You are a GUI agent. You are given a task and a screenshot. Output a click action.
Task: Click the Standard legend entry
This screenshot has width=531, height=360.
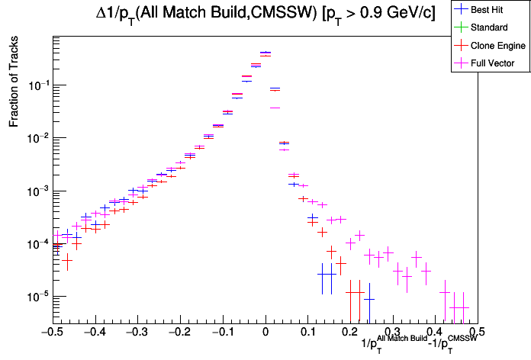[489, 28]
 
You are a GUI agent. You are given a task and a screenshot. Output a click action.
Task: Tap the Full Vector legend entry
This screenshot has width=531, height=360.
[493, 63]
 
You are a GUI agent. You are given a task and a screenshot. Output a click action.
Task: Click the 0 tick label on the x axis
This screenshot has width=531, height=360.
[265, 333]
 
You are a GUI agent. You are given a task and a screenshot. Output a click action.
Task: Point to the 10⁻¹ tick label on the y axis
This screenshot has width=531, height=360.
[37, 85]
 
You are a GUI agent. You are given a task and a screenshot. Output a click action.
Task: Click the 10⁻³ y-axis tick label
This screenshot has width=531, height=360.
[37, 191]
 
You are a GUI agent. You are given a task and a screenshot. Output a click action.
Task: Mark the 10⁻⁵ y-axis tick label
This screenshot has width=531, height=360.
[37, 296]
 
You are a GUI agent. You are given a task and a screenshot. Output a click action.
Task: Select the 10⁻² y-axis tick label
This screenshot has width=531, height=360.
[37, 137]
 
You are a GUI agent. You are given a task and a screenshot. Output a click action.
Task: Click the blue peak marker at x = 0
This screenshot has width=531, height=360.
[265, 53]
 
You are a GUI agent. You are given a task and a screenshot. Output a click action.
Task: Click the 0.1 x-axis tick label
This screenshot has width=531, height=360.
[307, 333]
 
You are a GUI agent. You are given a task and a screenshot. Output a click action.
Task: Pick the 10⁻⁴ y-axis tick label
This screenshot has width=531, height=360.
[37, 243]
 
